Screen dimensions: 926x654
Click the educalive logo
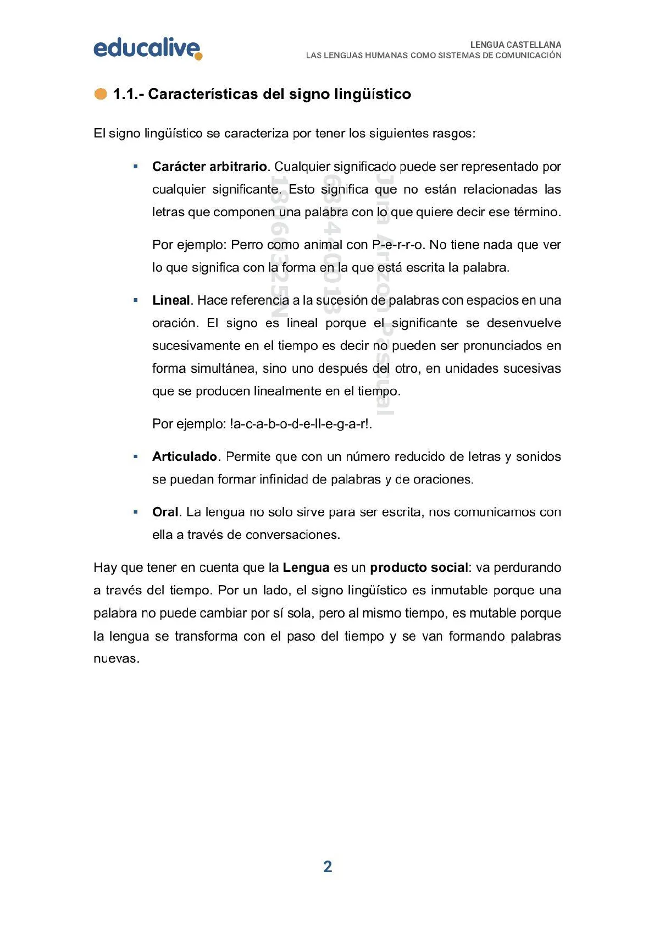[147, 48]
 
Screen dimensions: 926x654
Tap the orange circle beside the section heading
[101, 94]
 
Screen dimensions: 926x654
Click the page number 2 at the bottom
[328, 867]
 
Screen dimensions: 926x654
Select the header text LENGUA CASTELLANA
[516, 45]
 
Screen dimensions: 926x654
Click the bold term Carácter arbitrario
[209, 167]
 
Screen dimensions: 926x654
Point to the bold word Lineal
[171, 300]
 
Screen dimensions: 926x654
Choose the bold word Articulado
[185, 456]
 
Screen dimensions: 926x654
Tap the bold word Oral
[165, 512]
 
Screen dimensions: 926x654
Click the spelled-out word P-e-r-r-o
[398, 245]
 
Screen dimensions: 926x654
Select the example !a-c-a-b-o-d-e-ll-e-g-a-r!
[301, 424]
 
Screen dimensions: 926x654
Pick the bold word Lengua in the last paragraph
[306, 567]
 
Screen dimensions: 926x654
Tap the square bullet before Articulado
[136, 456]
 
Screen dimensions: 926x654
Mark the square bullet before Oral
[136, 512]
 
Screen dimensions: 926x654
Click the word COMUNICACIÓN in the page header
[528, 56]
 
